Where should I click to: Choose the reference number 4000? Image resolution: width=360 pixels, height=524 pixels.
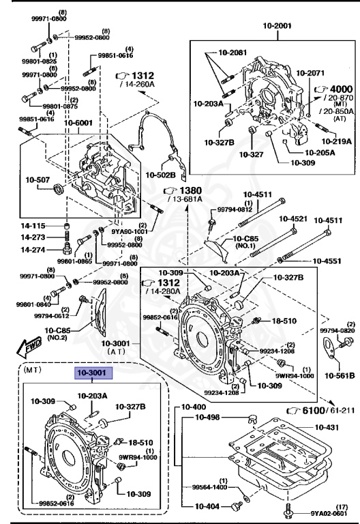pos(340,89)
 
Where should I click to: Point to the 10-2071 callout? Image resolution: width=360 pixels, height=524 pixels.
pos(310,71)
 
